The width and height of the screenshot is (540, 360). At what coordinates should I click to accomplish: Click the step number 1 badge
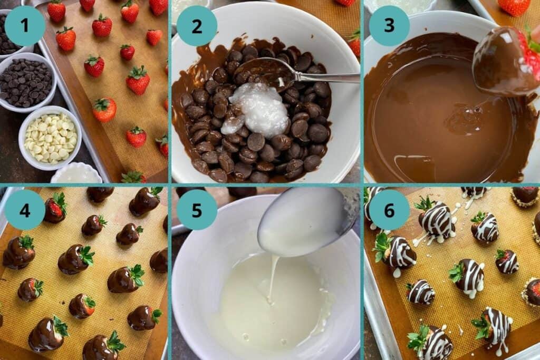(25, 25)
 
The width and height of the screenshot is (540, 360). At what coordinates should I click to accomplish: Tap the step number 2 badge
(197, 25)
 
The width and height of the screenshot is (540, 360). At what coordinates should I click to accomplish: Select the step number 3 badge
(389, 25)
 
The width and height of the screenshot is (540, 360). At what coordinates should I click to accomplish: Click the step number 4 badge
(25, 209)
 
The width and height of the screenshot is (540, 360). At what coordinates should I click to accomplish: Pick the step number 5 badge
(197, 209)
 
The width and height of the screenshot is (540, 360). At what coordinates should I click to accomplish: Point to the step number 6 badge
(389, 209)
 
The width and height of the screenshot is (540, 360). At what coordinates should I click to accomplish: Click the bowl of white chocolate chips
(50, 139)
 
